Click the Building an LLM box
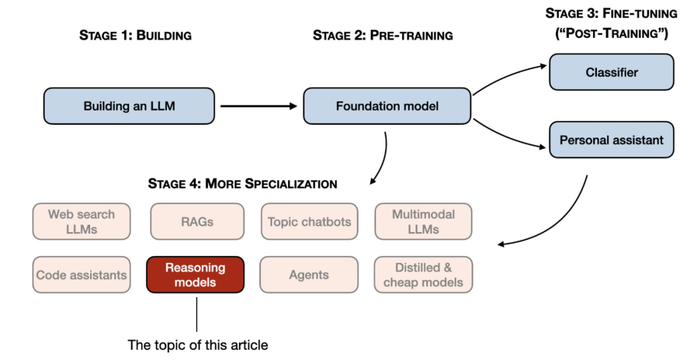(x=129, y=106)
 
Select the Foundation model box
(x=387, y=106)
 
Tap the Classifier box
(x=611, y=72)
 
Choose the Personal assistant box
(x=611, y=139)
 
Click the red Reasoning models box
(x=195, y=274)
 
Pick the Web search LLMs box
(x=82, y=221)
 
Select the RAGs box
(x=197, y=222)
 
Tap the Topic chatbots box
(x=309, y=222)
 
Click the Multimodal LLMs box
(x=423, y=221)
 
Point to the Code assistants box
(x=82, y=275)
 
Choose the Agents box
(x=309, y=275)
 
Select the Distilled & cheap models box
(x=423, y=274)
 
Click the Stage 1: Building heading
(x=135, y=35)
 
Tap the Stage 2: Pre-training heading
(x=382, y=35)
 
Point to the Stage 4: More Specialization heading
(x=242, y=184)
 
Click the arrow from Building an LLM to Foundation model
(x=257, y=106)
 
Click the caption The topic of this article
(x=198, y=345)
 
